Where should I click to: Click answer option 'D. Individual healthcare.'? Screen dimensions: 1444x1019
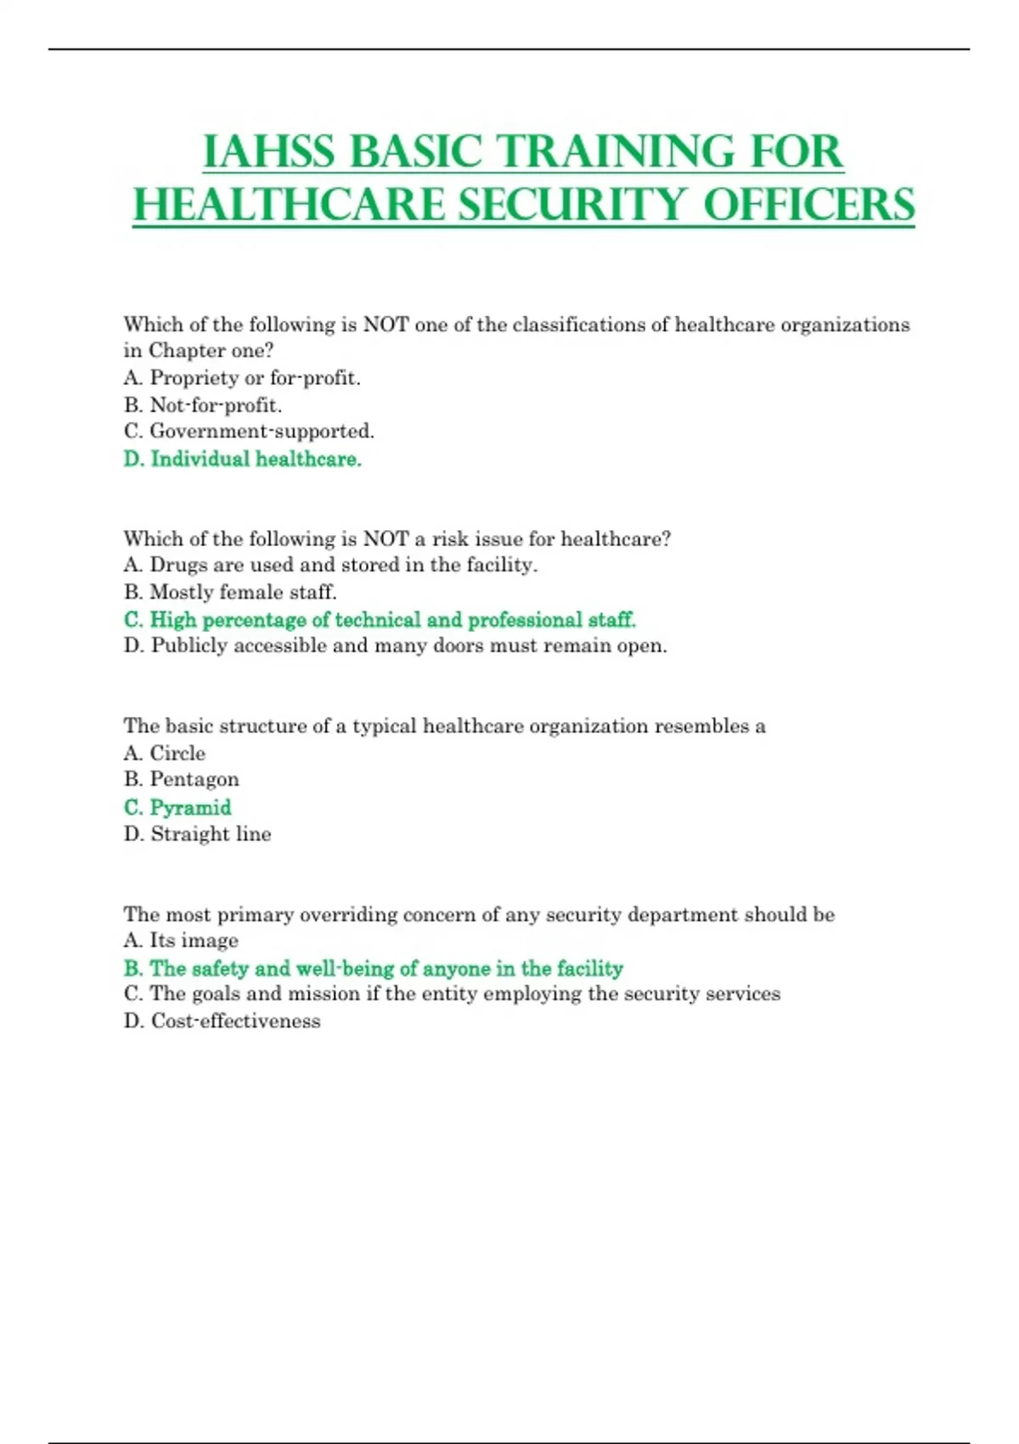coord(243,459)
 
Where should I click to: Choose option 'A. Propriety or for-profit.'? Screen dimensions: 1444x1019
coord(242,378)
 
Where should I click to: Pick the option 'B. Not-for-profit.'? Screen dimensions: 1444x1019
coord(203,405)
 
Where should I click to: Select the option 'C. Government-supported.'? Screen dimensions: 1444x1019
coord(249,432)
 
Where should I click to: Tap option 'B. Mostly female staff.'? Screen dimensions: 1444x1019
coord(230,592)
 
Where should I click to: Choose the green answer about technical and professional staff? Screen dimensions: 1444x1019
coord(380,619)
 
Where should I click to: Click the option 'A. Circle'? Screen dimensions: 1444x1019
coord(165,753)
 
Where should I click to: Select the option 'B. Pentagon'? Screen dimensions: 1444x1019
coord(182,780)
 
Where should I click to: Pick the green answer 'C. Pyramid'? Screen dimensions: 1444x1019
coord(177,807)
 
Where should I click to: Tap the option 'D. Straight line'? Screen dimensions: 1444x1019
coord(198,834)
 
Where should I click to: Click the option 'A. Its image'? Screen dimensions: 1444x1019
coord(181,940)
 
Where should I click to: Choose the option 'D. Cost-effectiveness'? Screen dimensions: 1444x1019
coord(222,1021)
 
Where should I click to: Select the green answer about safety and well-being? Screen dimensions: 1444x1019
coord(374,968)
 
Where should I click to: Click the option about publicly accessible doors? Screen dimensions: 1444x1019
coord(396,646)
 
